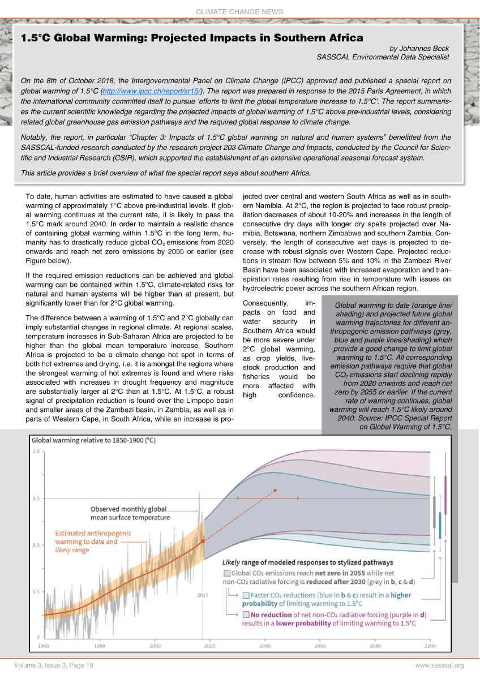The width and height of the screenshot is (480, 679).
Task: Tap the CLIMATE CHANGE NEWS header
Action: (x=239, y=12)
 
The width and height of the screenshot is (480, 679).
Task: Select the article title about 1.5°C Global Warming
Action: (x=191, y=38)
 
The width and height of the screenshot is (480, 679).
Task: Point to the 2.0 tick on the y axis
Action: (x=36, y=452)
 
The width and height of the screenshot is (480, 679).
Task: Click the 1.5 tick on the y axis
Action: (x=36, y=498)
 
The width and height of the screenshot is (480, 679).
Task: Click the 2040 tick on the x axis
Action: (x=265, y=646)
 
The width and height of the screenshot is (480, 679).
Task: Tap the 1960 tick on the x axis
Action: (x=43, y=646)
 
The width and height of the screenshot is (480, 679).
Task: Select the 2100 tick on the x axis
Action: (x=430, y=646)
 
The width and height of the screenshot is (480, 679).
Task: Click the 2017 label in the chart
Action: (x=203, y=595)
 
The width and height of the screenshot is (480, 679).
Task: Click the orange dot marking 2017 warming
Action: (x=203, y=542)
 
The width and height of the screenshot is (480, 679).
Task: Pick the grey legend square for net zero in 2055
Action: (x=226, y=573)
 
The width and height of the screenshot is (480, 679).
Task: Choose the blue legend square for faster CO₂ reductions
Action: (x=246, y=595)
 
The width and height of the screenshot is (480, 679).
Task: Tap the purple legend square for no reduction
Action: (x=246, y=614)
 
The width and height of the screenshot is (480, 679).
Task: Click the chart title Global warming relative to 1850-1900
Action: (x=95, y=440)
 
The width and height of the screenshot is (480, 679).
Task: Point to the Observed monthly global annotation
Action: (x=130, y=513)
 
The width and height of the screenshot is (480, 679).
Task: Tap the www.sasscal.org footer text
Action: (x=439, y=665)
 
